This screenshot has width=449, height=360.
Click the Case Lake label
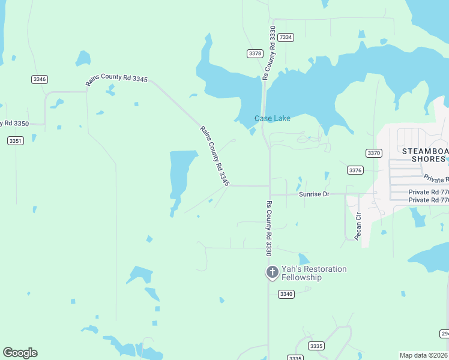[272, 118]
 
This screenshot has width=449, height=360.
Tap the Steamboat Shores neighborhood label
[425, 155]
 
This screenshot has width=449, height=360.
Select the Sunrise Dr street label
[314, 194]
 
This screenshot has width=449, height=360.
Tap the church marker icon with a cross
[272, 273]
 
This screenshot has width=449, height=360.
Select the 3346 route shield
[40, 79]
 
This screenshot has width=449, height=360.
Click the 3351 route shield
[16, 140]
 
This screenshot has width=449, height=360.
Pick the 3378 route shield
[255, 53]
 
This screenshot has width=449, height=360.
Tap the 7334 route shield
[286, 37]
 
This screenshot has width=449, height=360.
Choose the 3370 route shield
[373, 153]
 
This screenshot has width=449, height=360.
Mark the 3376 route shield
[355, 170]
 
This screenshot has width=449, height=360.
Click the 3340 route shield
[286, 293]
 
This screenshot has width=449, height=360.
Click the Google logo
[20, 353]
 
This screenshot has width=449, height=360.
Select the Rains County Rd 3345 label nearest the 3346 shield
[116, 80]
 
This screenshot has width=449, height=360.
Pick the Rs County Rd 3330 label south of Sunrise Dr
[269, 229]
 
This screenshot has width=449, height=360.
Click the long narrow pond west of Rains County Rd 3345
[181, 174]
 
